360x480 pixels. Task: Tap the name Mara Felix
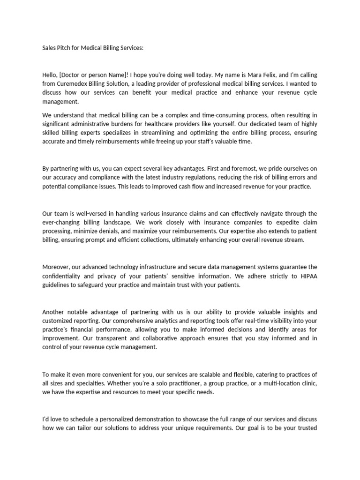tap(247, 75)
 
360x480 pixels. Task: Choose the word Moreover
tap(58, 267)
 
